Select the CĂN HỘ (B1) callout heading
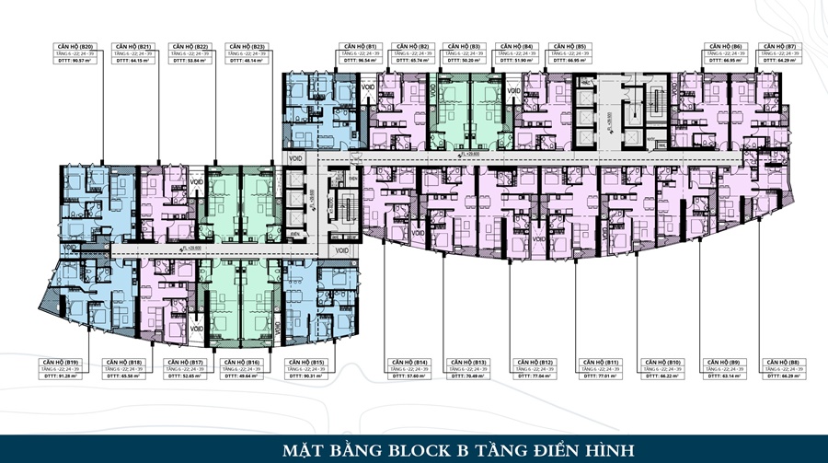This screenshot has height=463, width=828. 359,46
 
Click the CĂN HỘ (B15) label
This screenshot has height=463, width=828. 305,362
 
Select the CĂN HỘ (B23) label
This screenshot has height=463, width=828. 247,46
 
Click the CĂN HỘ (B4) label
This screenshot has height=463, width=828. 513,46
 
